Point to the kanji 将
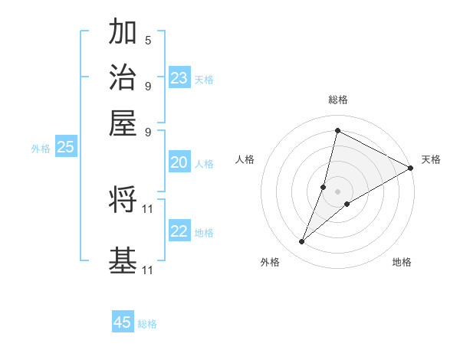coord(123,200)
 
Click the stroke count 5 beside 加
coord(148,40)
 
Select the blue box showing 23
coord(179,78)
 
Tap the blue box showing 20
coord(179,162)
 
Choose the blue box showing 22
coord(179,232)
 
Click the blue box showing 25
coord(65,148)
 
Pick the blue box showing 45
coord(123,322)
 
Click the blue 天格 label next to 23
coord(203,80)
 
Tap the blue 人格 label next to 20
coord(203,164)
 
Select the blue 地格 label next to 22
coord(203,233)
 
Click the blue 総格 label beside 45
coord(147,324)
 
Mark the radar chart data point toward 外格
coord(301,242)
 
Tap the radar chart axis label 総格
coord(338,100)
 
